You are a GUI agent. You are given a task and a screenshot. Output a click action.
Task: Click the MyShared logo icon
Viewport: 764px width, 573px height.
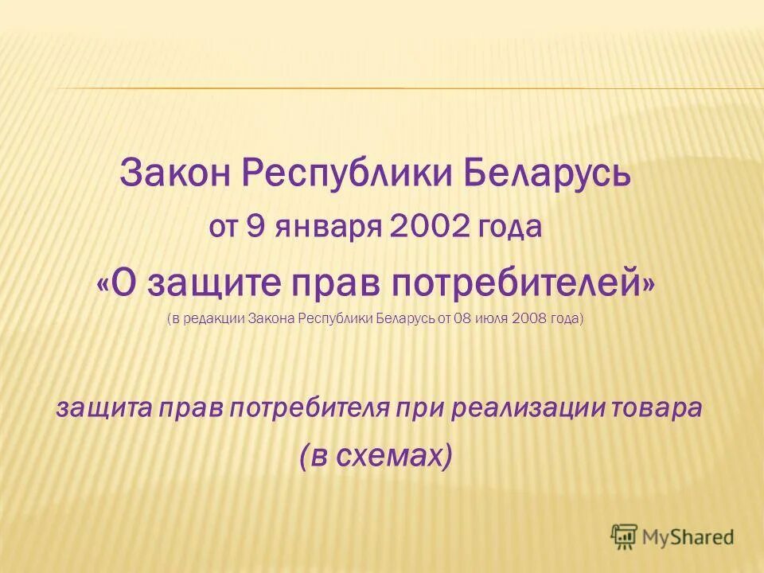tap(625, 536)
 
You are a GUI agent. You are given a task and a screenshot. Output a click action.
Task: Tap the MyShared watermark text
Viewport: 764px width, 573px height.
tap(688, 537)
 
